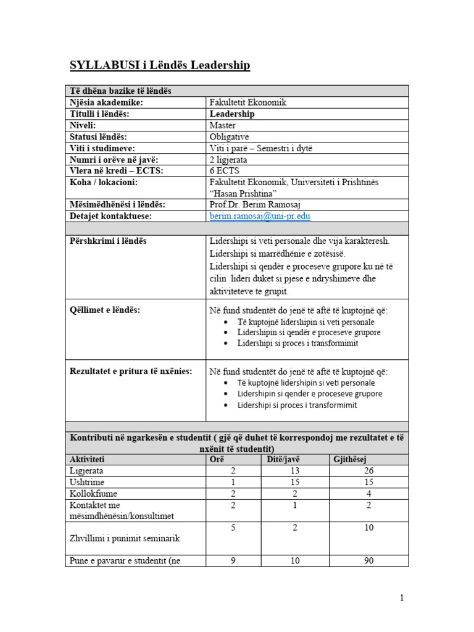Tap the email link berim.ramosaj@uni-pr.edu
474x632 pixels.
[260, 216]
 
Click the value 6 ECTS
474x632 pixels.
[225, 170]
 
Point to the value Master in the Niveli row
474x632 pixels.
[223, 125]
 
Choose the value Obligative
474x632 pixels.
[230, 136]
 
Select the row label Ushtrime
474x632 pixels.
[87, 482]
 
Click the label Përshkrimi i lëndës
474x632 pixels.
[108, 241]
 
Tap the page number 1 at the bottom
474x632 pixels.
[401, 597]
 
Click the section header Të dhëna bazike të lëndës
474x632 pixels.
[120, 91]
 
